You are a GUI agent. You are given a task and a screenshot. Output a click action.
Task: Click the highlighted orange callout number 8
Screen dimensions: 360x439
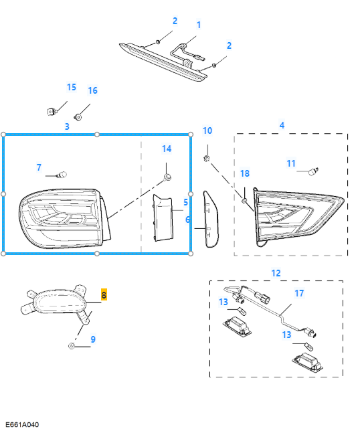[104, 294]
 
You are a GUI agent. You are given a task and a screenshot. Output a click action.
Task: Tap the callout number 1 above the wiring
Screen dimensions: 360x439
[199, 25]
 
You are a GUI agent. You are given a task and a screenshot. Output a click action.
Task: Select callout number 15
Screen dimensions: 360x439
[72, 87]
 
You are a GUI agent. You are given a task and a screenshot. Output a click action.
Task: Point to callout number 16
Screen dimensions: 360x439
[92, 90]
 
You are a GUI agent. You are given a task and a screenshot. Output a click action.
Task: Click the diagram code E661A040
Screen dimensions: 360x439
[22, 425]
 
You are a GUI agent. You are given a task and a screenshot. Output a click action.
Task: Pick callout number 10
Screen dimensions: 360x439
[207, 130]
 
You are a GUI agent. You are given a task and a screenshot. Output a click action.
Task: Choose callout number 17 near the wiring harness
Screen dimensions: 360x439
[299, 293]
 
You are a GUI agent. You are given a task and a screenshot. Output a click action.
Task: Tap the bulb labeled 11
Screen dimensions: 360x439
[314, 171]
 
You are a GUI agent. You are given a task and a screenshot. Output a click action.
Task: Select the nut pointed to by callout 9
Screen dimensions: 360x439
[72, 346]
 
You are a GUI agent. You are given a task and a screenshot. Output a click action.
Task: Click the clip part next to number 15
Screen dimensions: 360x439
[52, 112]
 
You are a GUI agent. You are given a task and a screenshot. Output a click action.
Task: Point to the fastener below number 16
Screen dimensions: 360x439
[78, 116]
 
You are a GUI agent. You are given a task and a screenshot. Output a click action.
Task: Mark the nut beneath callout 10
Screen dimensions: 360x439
[207, 159]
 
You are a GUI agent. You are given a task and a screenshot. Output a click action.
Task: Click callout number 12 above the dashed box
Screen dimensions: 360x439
[276, 273]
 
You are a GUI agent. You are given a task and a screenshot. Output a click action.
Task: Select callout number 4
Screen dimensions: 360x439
[282, 125]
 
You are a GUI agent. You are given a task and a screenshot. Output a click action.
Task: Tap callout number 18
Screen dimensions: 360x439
[245, 173]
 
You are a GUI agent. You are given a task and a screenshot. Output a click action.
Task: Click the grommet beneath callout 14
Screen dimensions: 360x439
[167, 177]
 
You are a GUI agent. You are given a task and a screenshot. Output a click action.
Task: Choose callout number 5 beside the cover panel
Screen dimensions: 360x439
[185, 202]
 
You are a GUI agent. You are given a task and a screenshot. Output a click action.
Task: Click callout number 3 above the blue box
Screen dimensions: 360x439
[67, 126]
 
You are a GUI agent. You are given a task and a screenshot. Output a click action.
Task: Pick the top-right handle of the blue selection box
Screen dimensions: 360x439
[191, 135]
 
